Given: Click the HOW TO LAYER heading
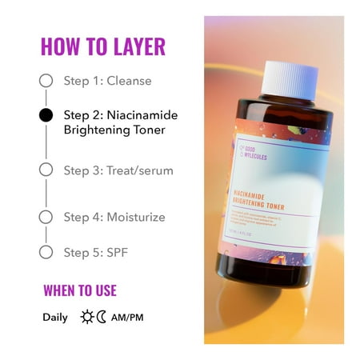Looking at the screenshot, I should click(x=102, y=46).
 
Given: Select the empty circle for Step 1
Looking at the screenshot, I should click(x=46, y=81).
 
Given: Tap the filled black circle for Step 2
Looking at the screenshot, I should click(x=46, y=114).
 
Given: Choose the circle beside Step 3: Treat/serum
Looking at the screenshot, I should click(x=46, y=170).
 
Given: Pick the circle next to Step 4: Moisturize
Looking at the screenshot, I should click(x=46, y=217).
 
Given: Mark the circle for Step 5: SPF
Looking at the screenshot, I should click(x=46, y=252).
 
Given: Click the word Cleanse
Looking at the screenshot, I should click(x=129, y=81).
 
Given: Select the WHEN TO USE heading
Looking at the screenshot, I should click(x=79, y=290).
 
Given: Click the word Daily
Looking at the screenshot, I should click(x=55, y=318).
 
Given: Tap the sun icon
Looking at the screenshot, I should click(x=86, y=318).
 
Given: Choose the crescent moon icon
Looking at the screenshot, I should click(x=102, y=318).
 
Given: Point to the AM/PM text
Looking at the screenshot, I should click(x=127, y=318).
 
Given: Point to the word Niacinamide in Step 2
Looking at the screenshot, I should click(x=142, y=114).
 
